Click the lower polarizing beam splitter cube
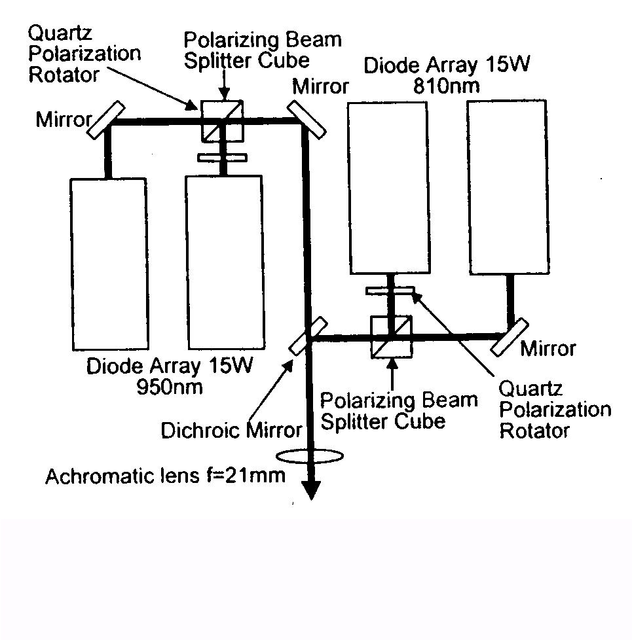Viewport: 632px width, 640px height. [x=391, y=337]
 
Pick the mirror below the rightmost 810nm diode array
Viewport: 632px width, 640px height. [x=511, y=336]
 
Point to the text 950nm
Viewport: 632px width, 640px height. [x=169, y=386]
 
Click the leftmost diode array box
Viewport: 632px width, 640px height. [x=107, y=263]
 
